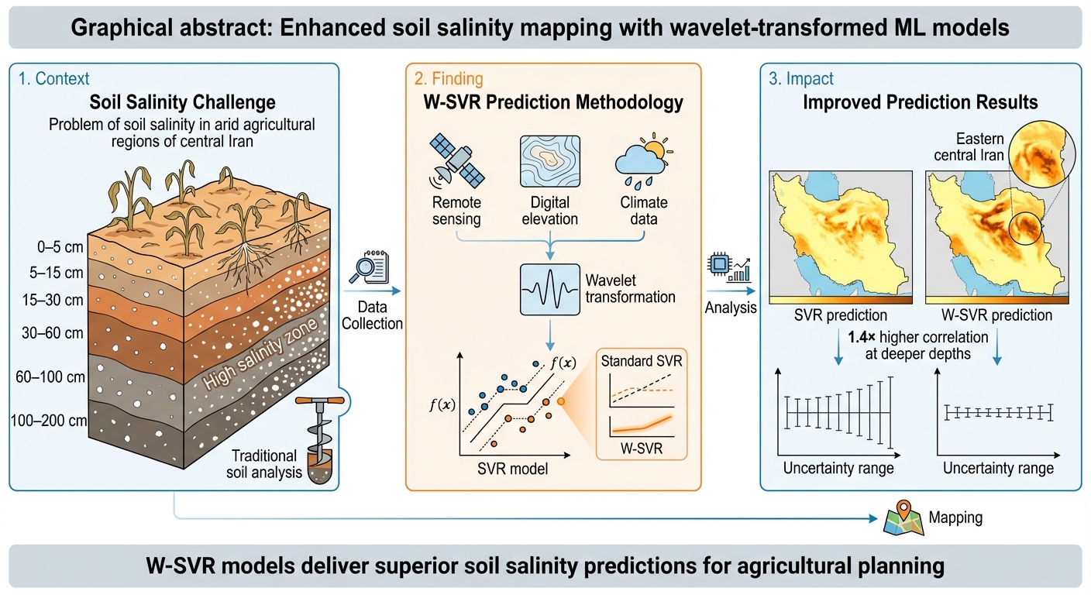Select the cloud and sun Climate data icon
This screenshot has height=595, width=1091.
[640, 160]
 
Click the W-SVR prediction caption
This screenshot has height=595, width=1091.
[996, 315]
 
